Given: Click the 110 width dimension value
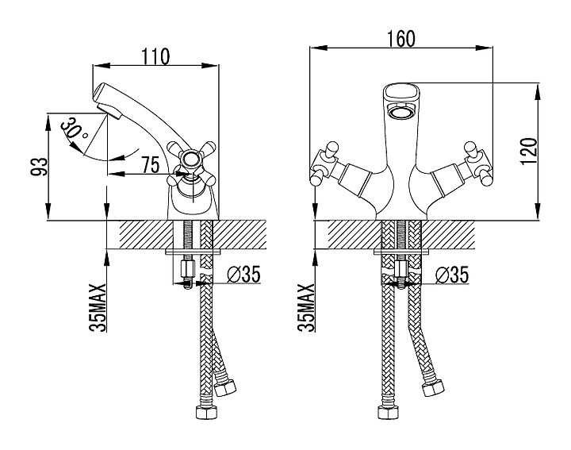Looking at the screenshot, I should tap(155, 56).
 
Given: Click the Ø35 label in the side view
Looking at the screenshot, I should tap(243, 275).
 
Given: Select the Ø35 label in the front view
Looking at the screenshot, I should tap(452, 275).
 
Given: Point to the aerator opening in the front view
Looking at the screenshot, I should tap(403, 113).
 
